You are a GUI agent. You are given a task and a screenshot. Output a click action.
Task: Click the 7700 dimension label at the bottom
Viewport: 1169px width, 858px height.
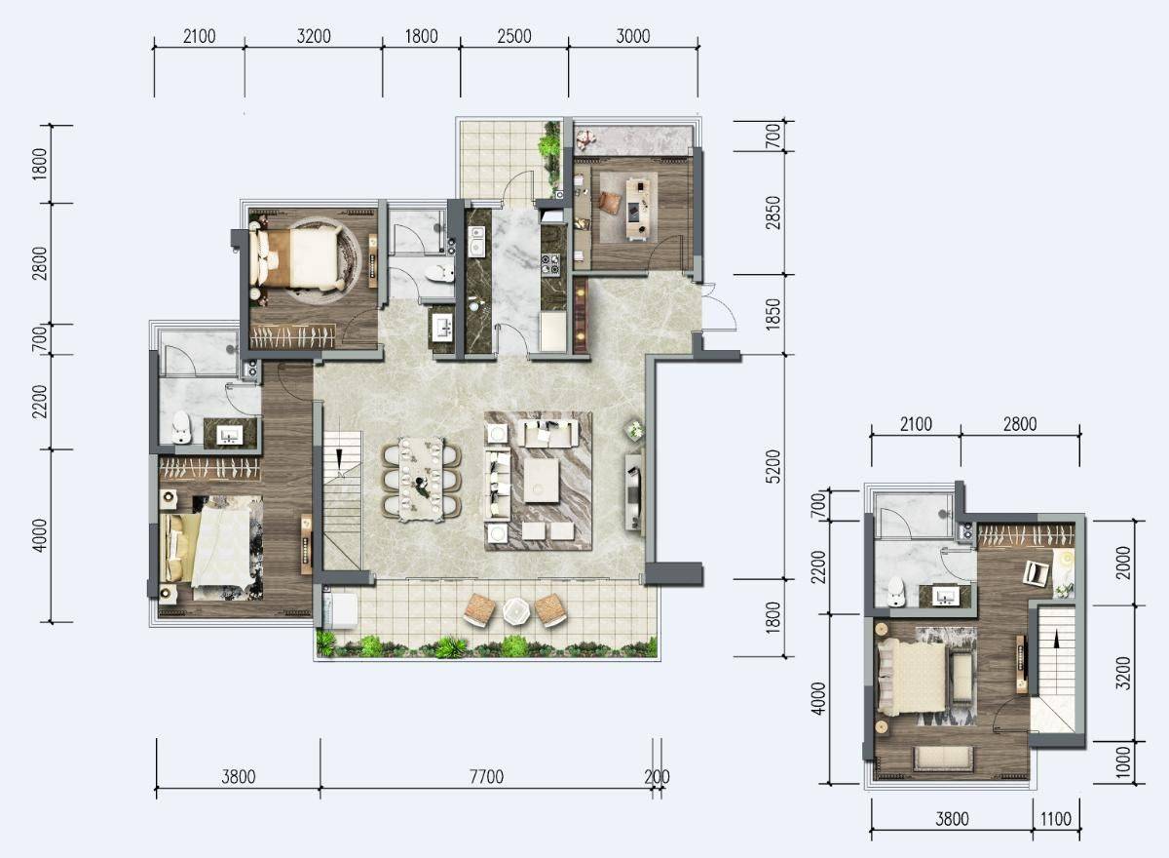pos(486,776)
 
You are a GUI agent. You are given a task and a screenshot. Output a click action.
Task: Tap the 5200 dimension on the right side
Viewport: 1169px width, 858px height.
pos(774,466)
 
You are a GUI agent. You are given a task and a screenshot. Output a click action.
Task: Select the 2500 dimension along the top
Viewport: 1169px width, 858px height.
pos(514,36)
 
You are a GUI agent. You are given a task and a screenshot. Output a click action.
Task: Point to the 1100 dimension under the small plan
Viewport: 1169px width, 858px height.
pos(1056,818)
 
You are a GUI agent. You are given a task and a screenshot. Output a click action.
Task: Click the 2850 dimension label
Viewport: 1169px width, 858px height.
pos(773,213)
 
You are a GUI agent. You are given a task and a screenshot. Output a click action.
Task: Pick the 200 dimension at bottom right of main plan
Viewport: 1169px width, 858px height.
pos(657,776)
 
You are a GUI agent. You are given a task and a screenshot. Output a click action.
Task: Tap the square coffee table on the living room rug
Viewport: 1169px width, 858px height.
pos(542,481)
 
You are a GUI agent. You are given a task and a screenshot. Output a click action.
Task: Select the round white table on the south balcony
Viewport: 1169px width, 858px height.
pos(516,611)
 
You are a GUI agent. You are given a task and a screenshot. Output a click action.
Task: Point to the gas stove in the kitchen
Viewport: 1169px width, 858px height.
pos(550,263)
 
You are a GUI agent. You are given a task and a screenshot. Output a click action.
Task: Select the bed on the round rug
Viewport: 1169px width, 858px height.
pos(294,258)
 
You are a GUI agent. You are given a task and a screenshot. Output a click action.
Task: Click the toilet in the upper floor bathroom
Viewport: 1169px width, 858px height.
pos(896,592)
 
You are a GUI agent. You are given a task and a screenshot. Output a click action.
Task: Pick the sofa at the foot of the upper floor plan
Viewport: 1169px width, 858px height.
pos(944,759)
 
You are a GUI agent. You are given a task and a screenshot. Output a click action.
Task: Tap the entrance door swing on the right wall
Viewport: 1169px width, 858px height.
pos(719,307)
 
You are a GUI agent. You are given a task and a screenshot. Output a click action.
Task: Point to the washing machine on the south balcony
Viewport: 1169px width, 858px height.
pos(341,610)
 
